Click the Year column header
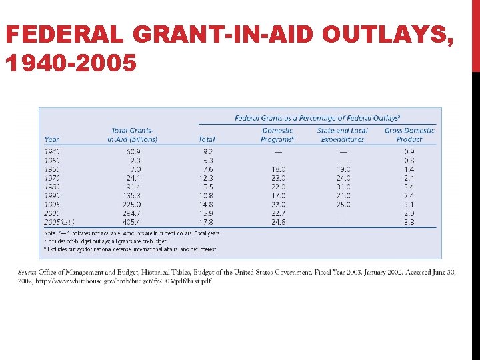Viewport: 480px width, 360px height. (x=51, y=139)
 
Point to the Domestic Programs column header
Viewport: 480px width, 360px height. (x=277, y=135)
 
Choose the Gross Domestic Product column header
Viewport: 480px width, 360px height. (x=409, y=135)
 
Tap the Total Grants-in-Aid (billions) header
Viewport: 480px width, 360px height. (x=133, y=135)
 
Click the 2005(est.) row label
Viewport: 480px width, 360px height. (x=59, y=221)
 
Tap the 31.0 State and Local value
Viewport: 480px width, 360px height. (x=342, y=187)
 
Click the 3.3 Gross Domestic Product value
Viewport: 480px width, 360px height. (x=409, y=221)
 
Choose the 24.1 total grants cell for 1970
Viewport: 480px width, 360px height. (x=133, y=178)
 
